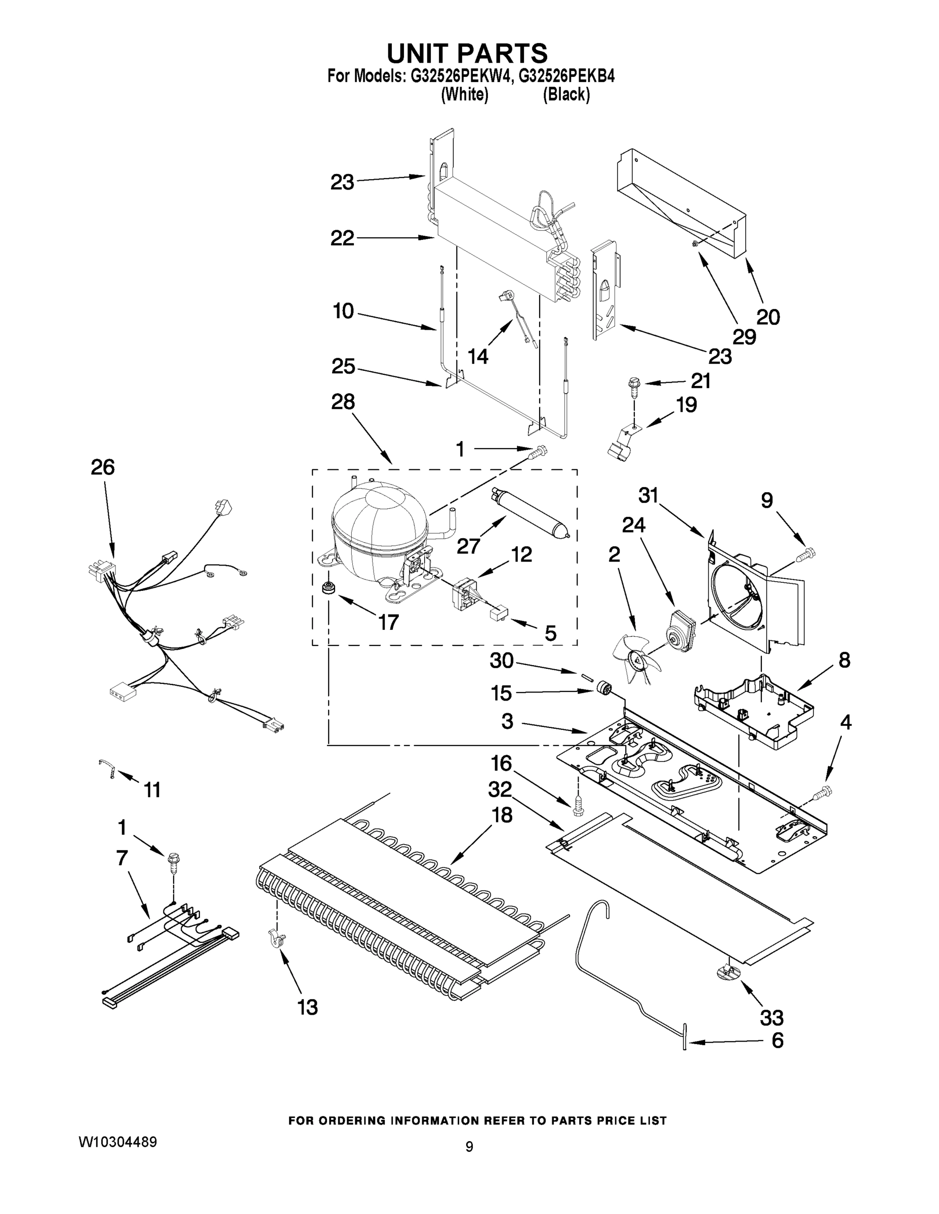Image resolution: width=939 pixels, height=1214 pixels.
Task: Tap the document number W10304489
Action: [117, 1142]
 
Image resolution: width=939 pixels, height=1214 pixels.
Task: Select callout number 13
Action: [308, 1007]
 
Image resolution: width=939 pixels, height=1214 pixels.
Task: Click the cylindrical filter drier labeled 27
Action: [529, 512]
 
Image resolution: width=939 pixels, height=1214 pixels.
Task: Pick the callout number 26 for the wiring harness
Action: [103, 467]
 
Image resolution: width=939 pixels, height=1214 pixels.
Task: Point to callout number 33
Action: [771, 1018]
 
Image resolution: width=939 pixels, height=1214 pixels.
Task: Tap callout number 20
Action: [768, 317]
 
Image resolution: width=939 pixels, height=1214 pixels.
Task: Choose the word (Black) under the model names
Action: [566, 95]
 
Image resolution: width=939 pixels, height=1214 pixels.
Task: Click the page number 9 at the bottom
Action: [469, 1147]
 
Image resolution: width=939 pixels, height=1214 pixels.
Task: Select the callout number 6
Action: [777, 1040]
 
